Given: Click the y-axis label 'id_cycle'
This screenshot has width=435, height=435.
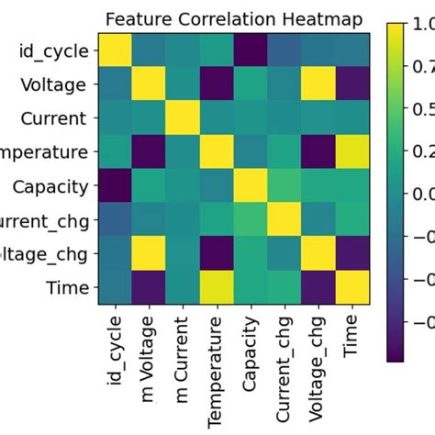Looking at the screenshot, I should tap(54, 51).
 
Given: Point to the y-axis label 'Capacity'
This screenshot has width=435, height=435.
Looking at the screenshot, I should tap(51, 187).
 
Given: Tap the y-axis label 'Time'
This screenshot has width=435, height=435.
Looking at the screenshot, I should tap(70, 289).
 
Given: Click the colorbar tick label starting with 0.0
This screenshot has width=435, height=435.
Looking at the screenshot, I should tap(424, 195).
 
